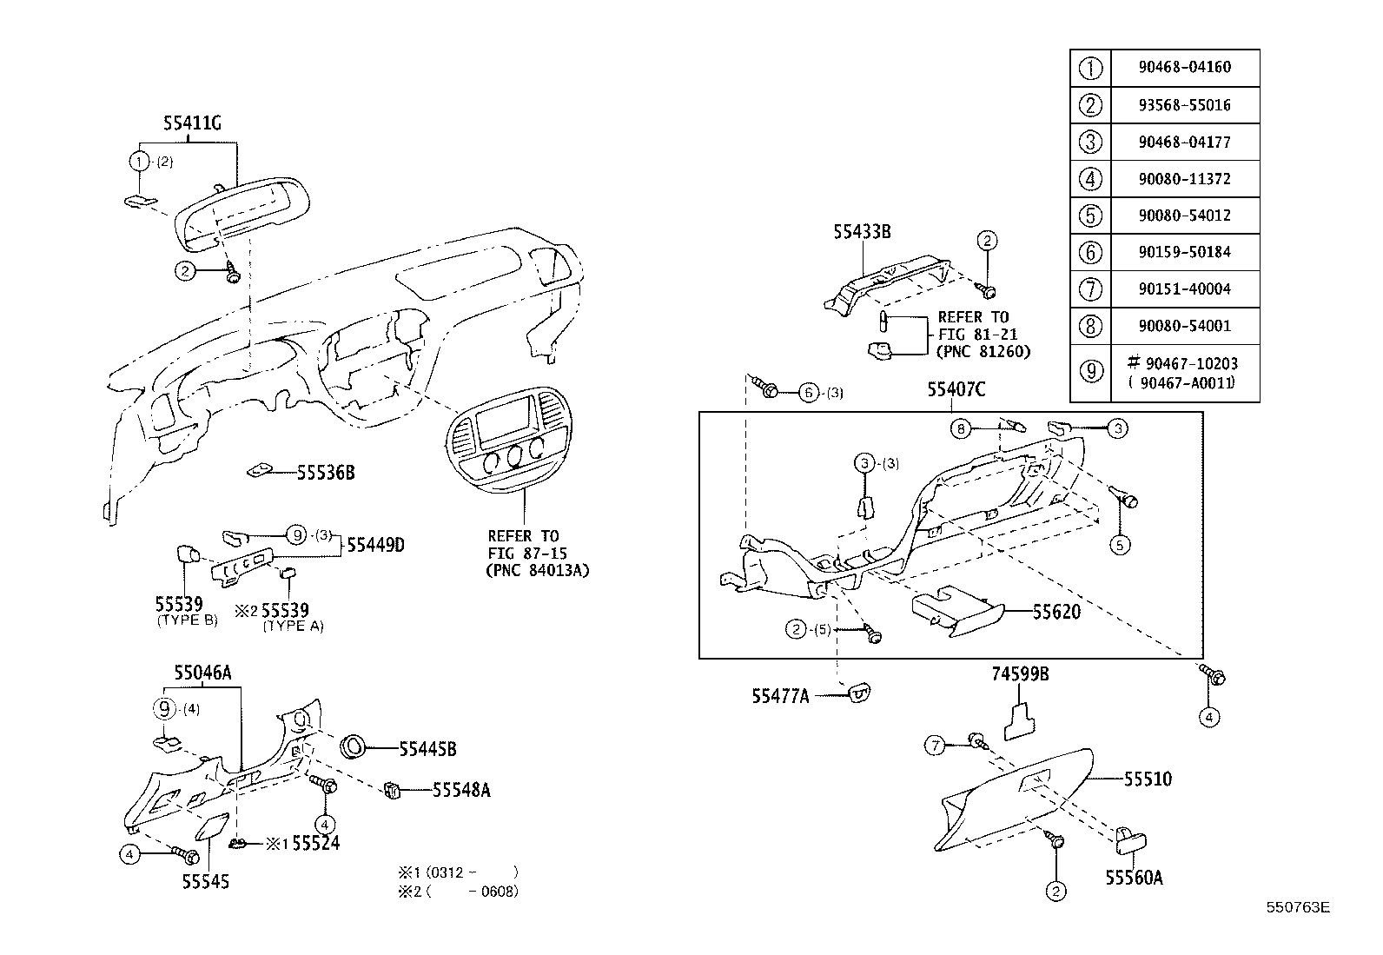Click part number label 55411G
point(192,124)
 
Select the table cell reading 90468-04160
point(1184,67)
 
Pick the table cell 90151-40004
point(1184,288)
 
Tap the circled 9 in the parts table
point(1090,371)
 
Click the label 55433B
point(862,232)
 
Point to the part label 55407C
point(956,390)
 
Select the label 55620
point(1056,612)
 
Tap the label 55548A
point(461,790)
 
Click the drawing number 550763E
point(1297,907)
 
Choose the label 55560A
point(1134,878)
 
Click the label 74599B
point(1020,673)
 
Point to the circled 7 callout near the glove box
point(934,746)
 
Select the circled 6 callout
point(809,393)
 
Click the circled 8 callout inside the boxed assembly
point(960,428)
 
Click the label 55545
point(206,881)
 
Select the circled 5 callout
point(1120,544)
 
